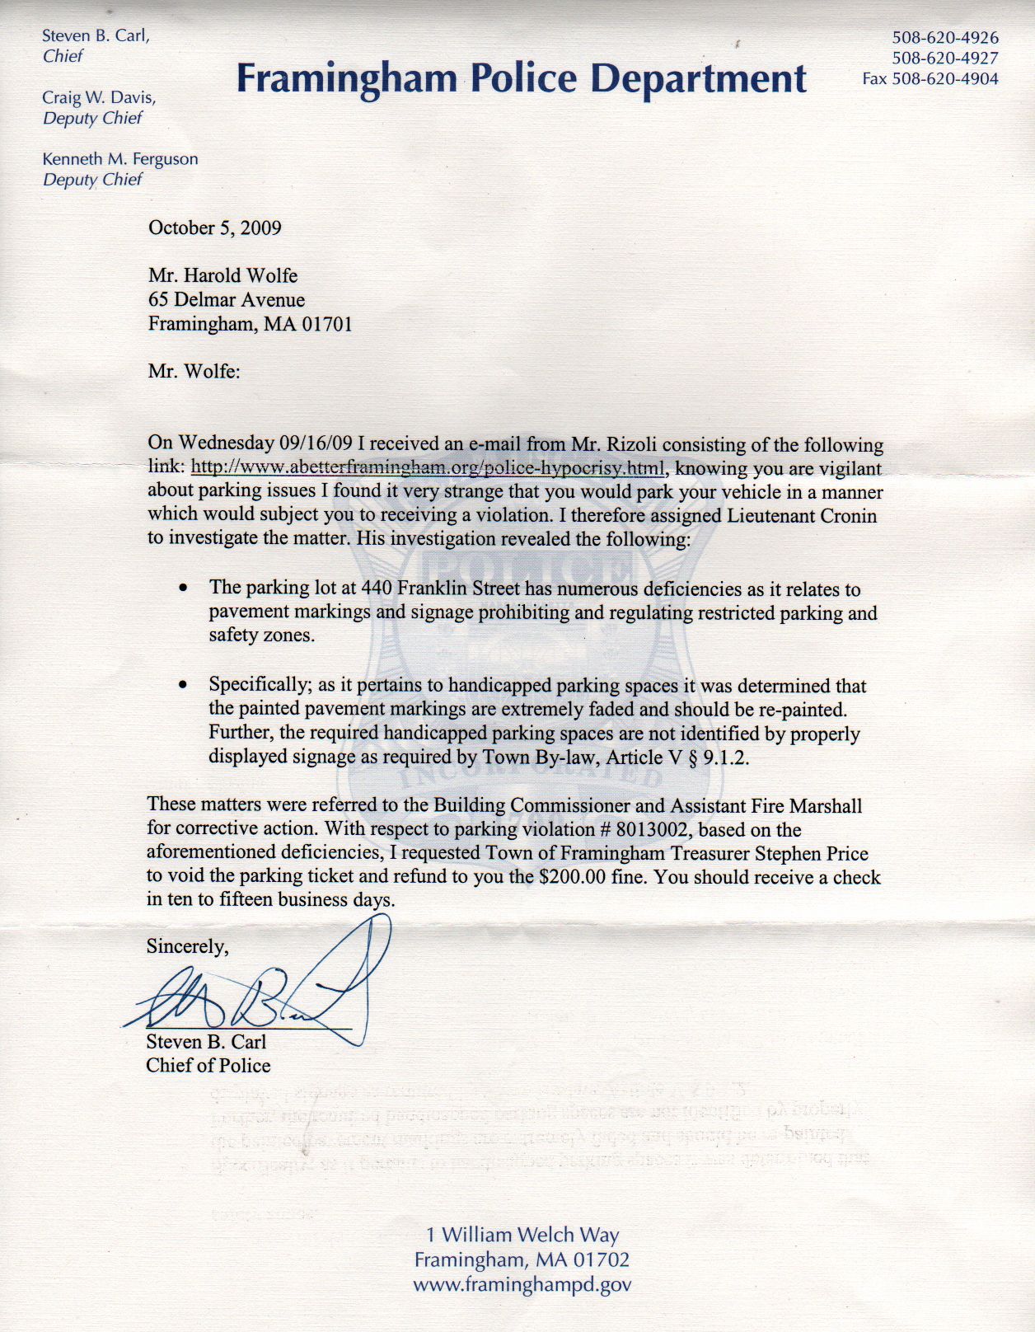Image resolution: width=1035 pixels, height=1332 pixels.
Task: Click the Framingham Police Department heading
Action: click(521, 79)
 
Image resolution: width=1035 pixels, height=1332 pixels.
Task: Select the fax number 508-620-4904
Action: click(944, 79)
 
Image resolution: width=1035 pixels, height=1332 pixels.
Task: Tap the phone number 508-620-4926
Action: click(944, 38)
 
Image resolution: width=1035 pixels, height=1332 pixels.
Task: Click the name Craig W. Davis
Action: click(99, 97)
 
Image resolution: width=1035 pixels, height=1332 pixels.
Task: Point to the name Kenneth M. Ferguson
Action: click(120, 159)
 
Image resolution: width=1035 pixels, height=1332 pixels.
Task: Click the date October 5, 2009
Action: click(214, 228)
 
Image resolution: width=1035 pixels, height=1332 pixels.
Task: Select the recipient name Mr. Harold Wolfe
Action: click(222, 275)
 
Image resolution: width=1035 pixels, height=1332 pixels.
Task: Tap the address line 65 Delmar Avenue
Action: click(227, 300)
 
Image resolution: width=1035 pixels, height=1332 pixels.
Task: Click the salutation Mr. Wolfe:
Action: click(194, 372)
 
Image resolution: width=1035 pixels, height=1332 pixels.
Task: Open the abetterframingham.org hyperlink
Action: click(428, 469)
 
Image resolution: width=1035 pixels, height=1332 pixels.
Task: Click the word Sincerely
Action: click(187, 946)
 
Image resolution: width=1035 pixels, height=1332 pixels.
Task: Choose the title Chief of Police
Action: click(208, 1066)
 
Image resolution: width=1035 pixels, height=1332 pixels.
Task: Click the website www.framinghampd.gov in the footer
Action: click(522, 1284)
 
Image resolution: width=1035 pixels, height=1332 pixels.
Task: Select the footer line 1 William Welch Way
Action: click(522, 1235)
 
